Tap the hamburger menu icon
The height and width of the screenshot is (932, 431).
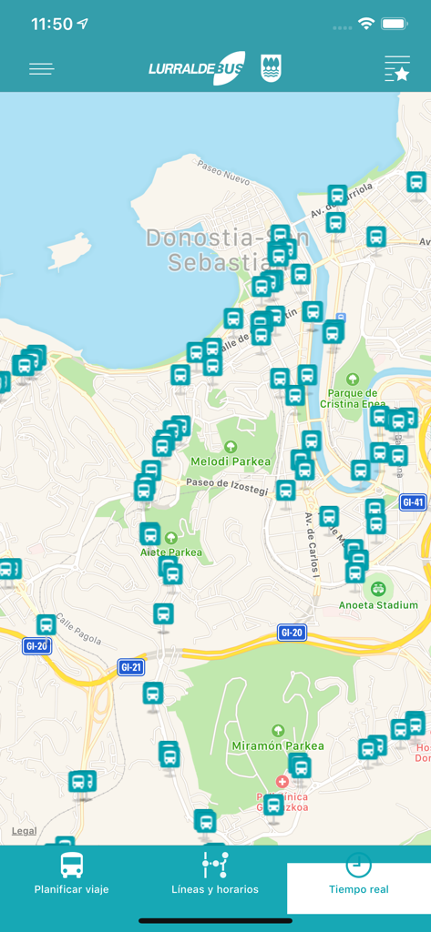42,69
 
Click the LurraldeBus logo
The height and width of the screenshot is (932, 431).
197,69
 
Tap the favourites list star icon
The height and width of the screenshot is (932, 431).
397,69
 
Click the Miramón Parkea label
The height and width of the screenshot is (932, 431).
278,745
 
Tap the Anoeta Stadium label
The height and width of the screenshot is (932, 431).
378,604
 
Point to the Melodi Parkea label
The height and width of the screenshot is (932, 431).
231,461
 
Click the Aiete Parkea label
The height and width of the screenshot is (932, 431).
171,552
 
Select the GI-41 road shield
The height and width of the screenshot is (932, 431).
413,502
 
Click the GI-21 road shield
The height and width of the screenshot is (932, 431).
131,667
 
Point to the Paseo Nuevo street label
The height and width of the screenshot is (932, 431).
224,172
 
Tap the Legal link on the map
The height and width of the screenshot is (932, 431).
25,830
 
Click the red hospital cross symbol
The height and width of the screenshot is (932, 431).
282,782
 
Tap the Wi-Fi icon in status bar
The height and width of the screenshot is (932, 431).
366,24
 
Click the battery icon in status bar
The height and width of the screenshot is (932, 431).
395,24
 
